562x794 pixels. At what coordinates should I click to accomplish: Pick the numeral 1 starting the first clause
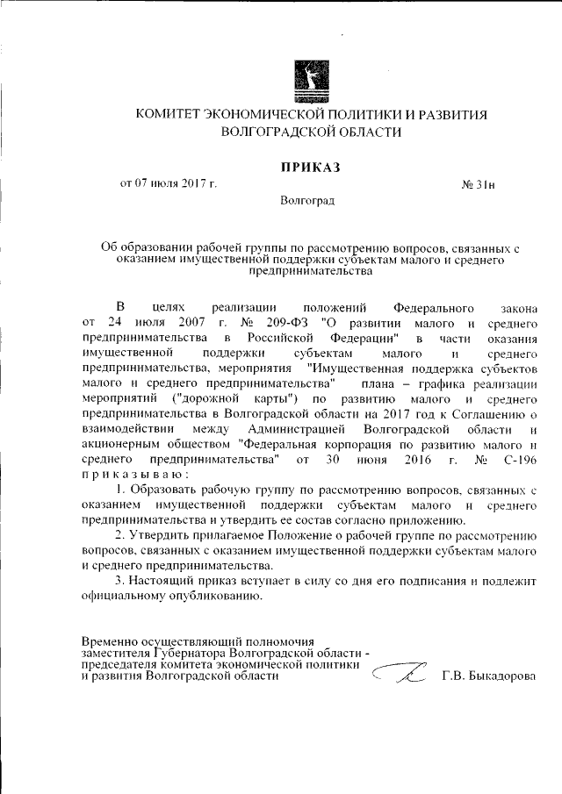tap(120, 489)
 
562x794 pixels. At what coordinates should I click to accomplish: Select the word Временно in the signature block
tap(110, 642)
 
